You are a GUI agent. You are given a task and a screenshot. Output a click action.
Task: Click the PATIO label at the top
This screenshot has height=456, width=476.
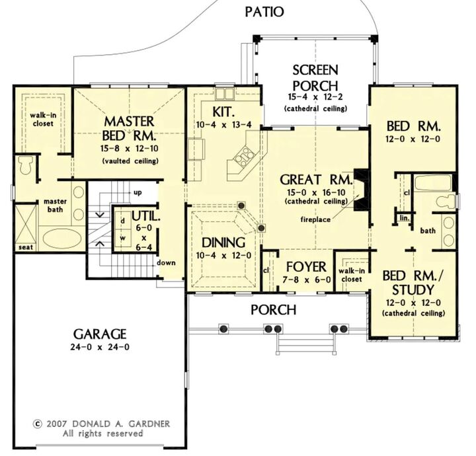264,11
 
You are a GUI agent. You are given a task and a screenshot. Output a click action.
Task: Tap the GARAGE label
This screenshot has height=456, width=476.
100,333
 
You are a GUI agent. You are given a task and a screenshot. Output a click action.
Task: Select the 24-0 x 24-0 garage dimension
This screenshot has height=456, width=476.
100,347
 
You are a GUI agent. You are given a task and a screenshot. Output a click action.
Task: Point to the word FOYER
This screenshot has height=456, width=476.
305,267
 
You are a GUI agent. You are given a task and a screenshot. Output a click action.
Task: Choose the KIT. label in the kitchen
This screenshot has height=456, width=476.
225,110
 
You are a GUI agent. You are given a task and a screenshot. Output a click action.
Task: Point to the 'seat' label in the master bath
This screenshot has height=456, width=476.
26,247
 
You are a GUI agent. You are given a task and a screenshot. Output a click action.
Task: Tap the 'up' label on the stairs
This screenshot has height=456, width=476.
138,192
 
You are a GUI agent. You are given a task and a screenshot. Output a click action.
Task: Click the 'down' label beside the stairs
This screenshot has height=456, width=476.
167,262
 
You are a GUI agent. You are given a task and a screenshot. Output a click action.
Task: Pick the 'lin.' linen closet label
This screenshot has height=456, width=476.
402,217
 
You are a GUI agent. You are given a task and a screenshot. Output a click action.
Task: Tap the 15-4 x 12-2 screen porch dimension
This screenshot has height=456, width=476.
315,97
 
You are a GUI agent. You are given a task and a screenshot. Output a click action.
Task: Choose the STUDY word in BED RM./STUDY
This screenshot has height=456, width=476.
413,289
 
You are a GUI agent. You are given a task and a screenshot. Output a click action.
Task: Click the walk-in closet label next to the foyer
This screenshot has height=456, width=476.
350,274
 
